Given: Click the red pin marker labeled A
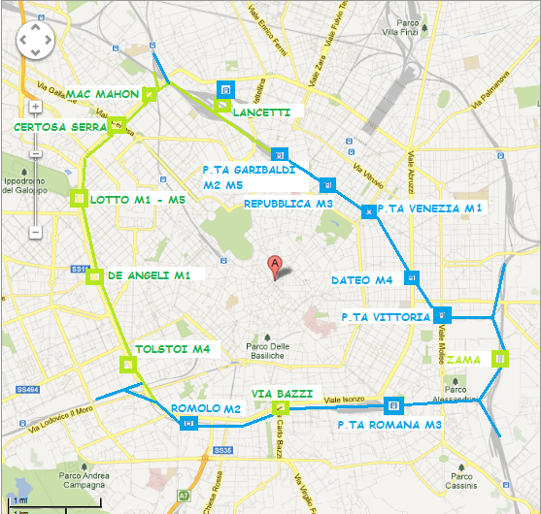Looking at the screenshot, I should [x=275, y=264].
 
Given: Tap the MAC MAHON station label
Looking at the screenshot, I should [x=103, y=94].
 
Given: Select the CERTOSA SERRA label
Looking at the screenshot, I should [x=59, y=127].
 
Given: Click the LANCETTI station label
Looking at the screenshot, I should [x=261, y=112].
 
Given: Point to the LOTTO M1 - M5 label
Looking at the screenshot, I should [x=137, y=200].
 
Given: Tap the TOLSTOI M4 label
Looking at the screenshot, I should [x=172, y=348].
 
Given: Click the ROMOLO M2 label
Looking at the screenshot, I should [x=206, y=408].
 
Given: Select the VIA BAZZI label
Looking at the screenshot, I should [x=282, y=393].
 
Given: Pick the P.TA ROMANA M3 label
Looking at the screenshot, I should [x=389, y=425].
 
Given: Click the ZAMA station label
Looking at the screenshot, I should [x=463, y=359].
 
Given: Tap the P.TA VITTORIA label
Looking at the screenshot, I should [x=386, y=317].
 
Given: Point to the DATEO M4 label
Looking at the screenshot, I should [x=361, y=280].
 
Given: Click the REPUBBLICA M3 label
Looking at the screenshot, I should [x=288, y=204].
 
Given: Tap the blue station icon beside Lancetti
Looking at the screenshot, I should [x=225, y=90].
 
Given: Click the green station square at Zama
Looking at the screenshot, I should [x=500, y=359].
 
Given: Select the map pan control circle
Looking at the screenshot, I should [x=36, y=41].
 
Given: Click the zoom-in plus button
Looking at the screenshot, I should [x=35, y=107].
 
